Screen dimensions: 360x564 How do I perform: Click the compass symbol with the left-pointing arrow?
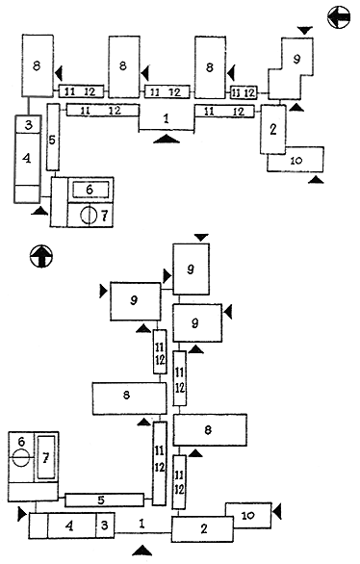point(339,17)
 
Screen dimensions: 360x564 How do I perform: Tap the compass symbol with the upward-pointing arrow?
point(41,257)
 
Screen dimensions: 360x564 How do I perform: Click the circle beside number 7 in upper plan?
point(89,216)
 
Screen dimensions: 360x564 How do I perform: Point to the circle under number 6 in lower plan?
point(21,457)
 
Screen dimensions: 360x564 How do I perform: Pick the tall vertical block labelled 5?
point(53,137)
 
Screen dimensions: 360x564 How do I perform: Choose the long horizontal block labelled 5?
point(104,500)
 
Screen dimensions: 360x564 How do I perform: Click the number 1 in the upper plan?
point(166,118)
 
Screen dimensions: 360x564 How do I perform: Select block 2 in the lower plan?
point(202,528)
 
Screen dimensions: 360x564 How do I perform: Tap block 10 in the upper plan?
point(296,160)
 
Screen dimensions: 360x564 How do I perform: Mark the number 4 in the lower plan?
point(70,526)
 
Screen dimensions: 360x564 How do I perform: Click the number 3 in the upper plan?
point(29,124)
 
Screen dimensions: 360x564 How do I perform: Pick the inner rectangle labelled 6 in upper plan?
point(90,190)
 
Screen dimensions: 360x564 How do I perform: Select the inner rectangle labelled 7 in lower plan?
point(46,457)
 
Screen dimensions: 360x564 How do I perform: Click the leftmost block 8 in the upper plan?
point(38,65)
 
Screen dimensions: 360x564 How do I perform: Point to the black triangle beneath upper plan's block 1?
point(167,139)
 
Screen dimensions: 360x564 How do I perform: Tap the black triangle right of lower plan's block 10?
point(277,512)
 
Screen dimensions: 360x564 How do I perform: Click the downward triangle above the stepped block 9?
point(305,31)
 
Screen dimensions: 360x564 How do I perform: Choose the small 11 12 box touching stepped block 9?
point(244,92)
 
